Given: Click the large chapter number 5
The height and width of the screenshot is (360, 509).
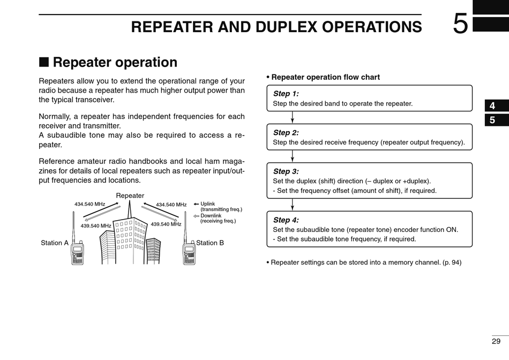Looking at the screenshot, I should pos(460,24).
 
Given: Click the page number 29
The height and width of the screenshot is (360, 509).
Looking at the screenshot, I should pos(496,341).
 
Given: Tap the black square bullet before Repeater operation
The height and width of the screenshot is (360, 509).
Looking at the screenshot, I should pos(44,62).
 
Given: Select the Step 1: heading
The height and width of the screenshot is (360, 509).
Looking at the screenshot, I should pos(286,94).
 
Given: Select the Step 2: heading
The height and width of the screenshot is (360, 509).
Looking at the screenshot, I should pos(286,133).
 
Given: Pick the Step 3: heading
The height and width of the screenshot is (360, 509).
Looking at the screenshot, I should pos(286,171).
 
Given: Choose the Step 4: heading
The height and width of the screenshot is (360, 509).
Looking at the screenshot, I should pos(286,220).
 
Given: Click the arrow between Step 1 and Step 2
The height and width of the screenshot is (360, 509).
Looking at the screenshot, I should pos(293,117).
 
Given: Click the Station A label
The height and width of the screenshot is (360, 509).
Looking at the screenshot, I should pos(55,243).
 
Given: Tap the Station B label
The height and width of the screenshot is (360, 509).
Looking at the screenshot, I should pos(210,243).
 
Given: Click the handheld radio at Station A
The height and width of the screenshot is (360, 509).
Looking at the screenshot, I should pos(77,252).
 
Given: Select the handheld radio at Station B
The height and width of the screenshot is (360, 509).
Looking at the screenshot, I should pos(189,252).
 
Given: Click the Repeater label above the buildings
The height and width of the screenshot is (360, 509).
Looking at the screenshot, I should pos(130,196).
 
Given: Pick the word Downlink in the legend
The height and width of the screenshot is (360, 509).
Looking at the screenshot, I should pos(212,215).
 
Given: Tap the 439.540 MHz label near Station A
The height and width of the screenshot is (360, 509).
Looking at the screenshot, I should pos(95,226).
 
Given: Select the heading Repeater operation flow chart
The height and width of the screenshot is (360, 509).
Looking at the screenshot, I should pos(325,77).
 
